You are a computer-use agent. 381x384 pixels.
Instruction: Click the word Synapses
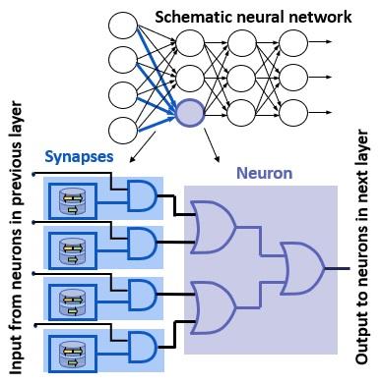pos(79,156)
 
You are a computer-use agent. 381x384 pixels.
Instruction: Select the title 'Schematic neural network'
pos(240,18)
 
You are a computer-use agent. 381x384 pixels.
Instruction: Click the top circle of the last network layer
pos(291,42)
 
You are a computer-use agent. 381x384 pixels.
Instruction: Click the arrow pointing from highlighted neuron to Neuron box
pos(211,145)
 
